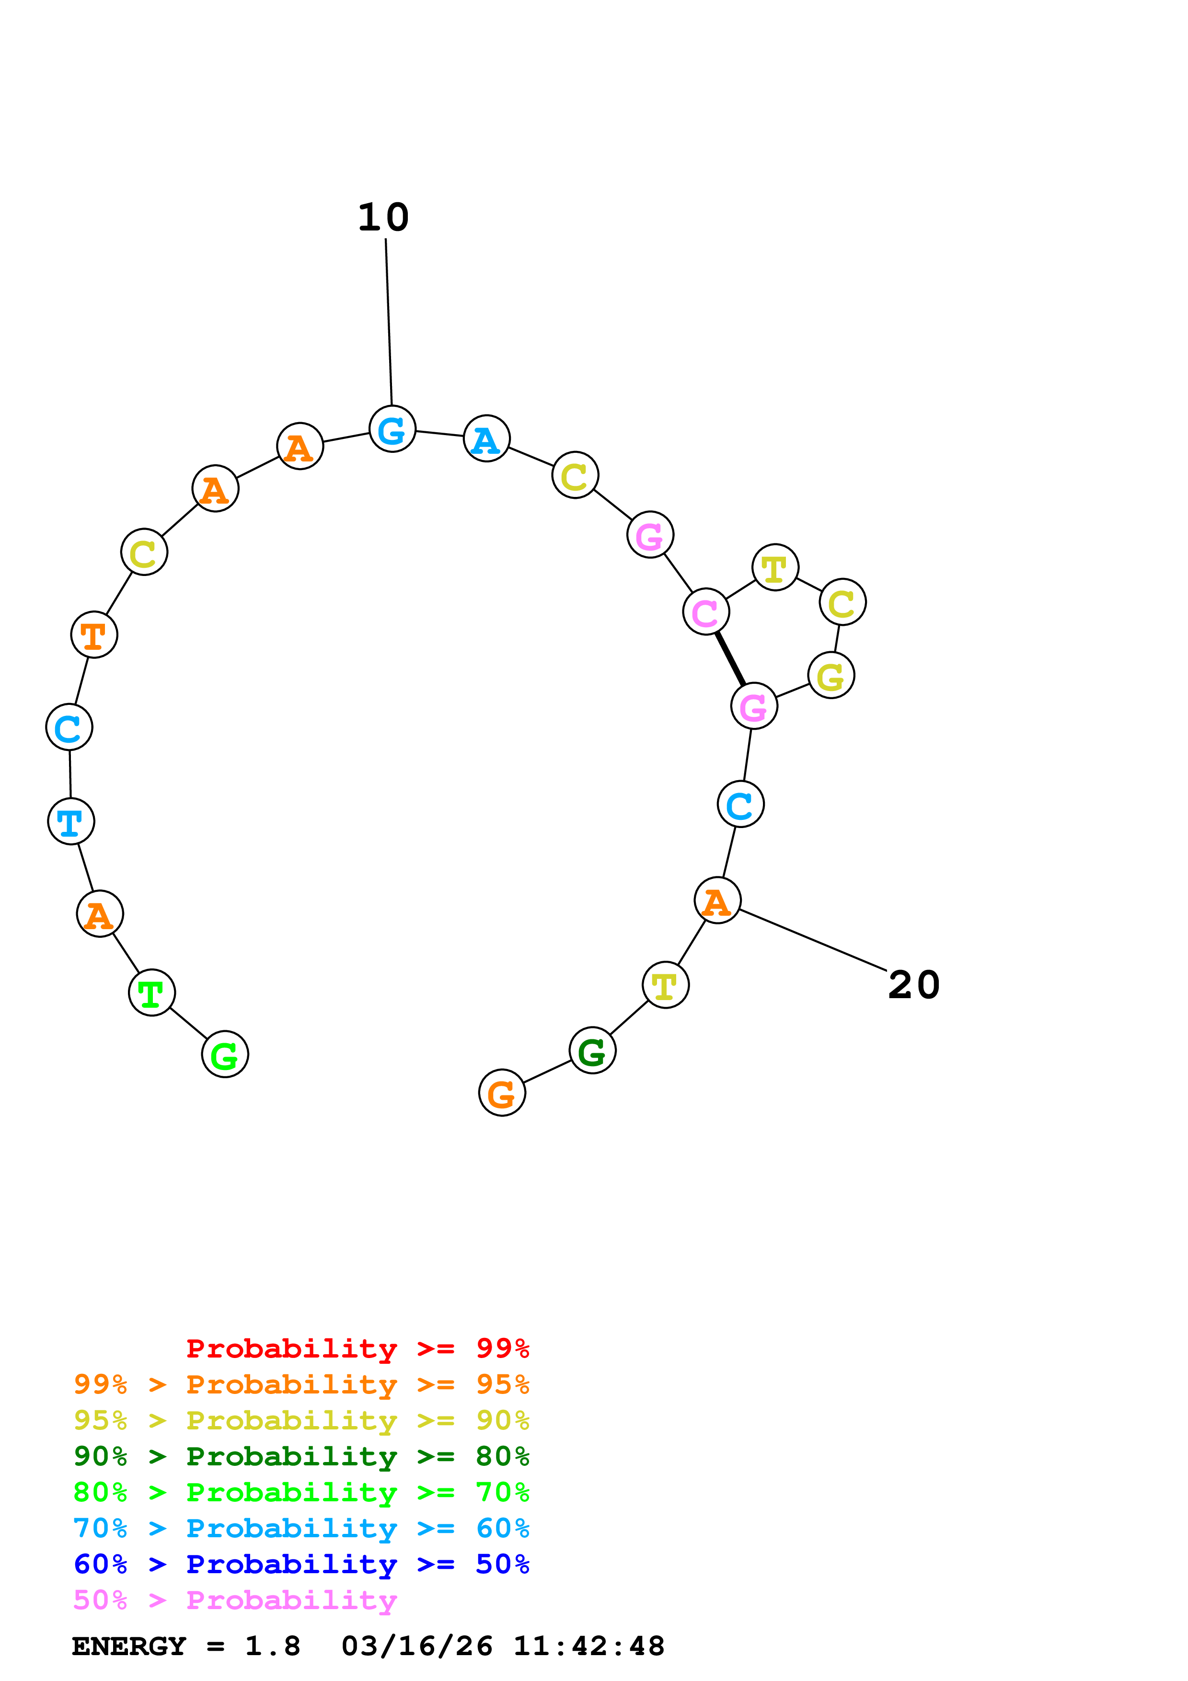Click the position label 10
point(383,218)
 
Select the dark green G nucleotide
point(592,1050)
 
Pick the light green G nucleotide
point(225,1054)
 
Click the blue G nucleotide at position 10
point(392,428)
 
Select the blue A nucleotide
point(487,438)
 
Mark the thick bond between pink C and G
point(730,658)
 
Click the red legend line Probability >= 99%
point(357,1348)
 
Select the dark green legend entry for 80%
point(301,1456)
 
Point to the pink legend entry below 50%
point(234,1600)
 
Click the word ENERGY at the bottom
point(129,1646)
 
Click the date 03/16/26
point(416,1646)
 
